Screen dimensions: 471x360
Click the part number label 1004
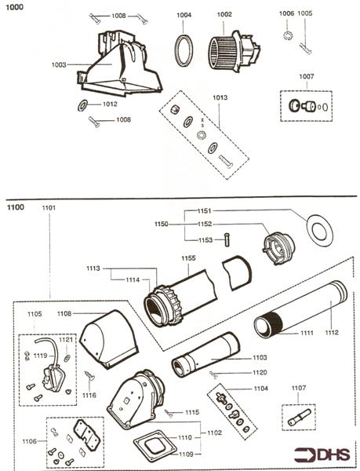click(183, 15)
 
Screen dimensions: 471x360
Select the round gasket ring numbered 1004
click(184, 52)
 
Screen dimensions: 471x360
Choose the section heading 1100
click(15, 207)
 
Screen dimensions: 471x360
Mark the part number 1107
click(299, 388)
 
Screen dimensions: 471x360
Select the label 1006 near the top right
click(286, 13)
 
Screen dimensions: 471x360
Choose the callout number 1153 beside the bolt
click(204, 239)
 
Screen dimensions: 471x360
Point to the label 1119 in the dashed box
click(40, 356)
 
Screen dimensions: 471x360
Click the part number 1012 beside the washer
click(110, 104)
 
